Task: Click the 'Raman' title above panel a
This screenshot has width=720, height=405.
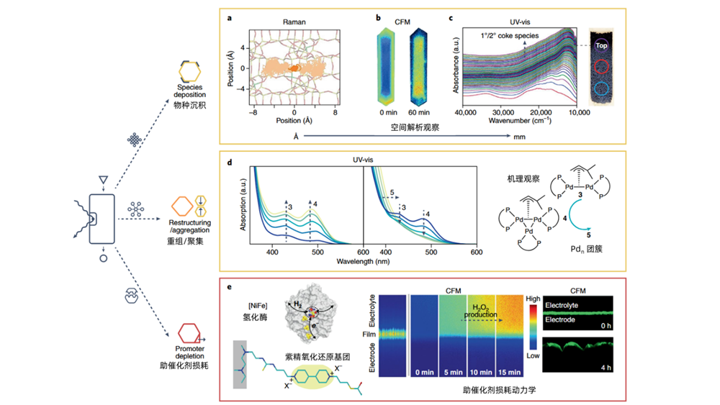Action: [x=294, y=22]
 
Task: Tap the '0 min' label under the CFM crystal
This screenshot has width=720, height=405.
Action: [x=389, y=112]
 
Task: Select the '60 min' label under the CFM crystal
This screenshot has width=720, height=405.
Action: [x=419, y=112]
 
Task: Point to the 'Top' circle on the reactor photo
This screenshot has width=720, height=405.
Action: [x=601, y=45]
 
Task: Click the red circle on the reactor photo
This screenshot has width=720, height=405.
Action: [x=601, y=66]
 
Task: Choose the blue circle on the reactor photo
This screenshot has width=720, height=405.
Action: [x=601, y=88]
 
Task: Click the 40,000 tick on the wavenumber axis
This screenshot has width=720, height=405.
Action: [x=466, y=113]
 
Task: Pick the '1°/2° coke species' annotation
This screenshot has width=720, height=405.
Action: [x=510, y=36]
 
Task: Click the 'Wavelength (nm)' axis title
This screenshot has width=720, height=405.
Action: [x=363, y=261]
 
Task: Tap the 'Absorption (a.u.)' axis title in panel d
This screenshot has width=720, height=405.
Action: [x=243, y=204]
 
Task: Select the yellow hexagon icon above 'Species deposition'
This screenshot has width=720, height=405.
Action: [x=189, y=71]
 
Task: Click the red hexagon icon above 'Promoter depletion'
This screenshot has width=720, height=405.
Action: [x=189, y=334]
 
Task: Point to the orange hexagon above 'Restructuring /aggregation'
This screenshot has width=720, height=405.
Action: [x=182, y=206]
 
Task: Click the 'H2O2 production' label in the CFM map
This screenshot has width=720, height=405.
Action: [x=480, y=311]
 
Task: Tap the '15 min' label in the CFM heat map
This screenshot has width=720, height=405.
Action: [x=509, y=373]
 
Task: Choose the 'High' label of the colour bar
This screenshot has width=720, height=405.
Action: [x=533, y=299]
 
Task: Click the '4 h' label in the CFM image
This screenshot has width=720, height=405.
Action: [x=606, y=368]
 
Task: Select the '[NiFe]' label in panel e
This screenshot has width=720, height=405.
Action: [x=258, y=306]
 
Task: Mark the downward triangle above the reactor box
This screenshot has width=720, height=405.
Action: [x=103, y=180]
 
